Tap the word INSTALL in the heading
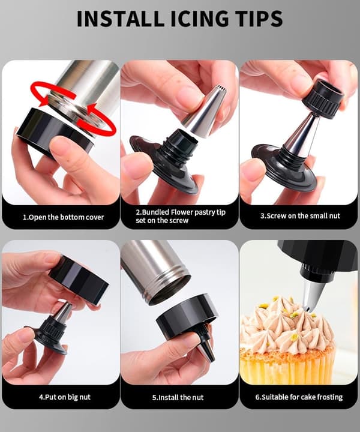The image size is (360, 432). tap(120, 19)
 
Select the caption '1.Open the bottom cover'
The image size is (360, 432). tap(63, 217)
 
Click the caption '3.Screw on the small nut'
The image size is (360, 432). tap(300, 216)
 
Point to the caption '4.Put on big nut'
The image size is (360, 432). tap(65, 397)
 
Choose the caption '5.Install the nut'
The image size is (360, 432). tap(178, 397)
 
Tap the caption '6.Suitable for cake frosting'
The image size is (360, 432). tap(299, 397)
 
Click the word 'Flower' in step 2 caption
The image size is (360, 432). tap(182, 212)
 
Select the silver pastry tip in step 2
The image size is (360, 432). tap(205, 110)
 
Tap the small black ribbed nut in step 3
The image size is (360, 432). tap(323, 98)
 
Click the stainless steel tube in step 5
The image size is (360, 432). tap(155, 271)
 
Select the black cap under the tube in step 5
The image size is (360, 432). tap(187, 317)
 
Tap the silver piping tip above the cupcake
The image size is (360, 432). tap(313, 295)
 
